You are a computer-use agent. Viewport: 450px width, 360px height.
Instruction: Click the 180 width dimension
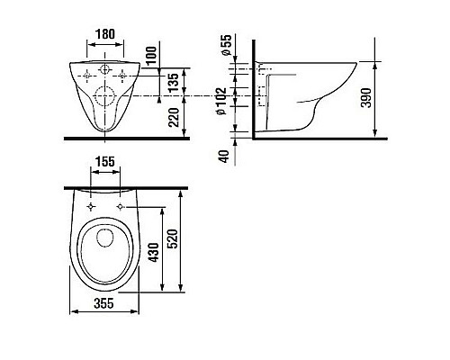[106, 32]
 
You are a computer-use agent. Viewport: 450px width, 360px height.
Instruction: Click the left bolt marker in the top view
[92, 208]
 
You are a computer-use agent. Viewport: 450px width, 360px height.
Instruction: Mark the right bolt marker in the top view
[121, 208]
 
